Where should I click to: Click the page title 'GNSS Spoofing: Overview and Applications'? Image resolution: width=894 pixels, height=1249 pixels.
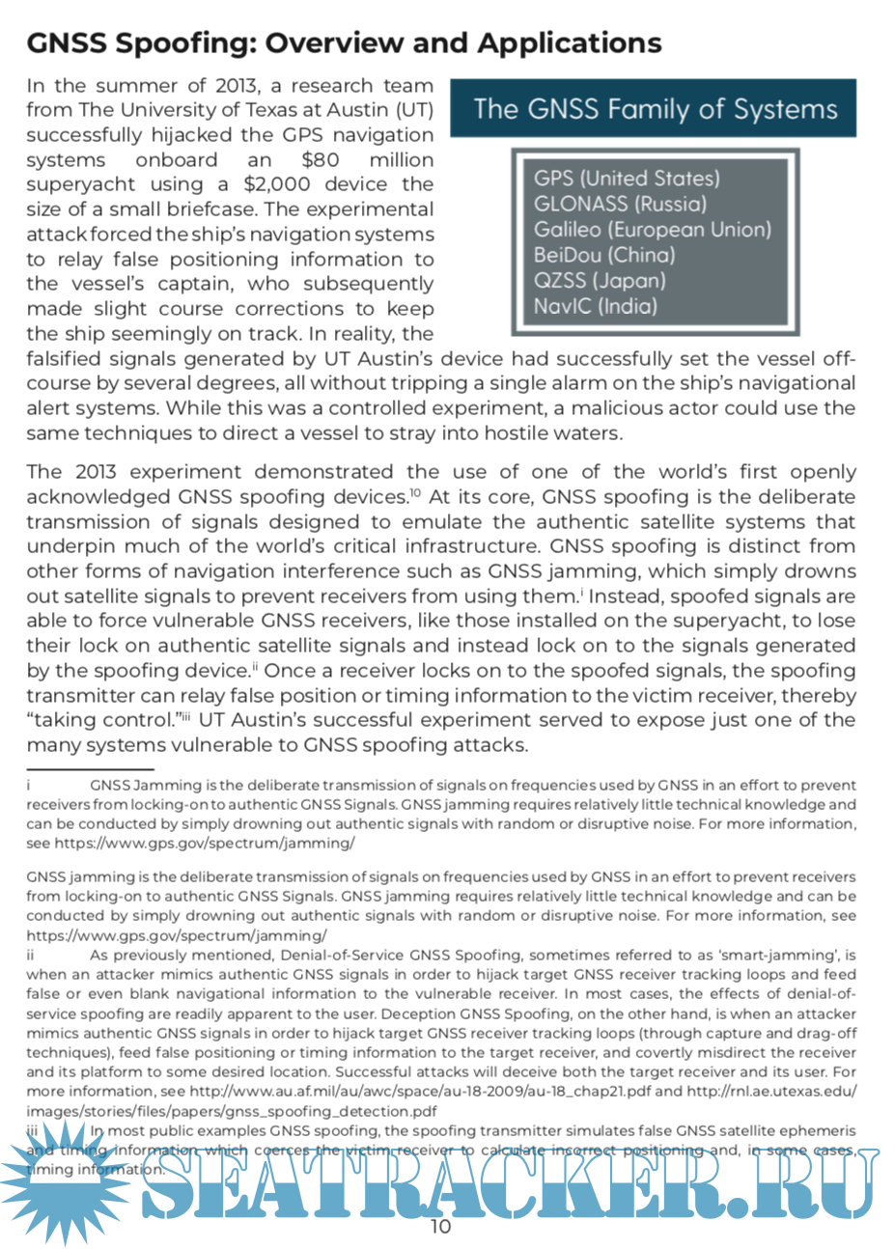tap(344, 43)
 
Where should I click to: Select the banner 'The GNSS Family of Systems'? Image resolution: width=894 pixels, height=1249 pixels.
tap(655, 109)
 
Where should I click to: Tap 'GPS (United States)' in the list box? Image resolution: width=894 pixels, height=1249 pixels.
tap(627, 179)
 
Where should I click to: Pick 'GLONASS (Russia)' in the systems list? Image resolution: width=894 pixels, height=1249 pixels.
tap(620, 204)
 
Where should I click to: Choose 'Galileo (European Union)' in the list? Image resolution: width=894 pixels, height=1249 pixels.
tap(653, 230)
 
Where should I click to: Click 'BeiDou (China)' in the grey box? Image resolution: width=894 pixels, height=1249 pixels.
tap(604, 255)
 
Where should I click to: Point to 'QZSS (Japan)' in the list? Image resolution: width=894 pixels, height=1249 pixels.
tap(600, 281)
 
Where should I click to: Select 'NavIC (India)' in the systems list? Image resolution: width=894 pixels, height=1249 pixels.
tap(595, 307)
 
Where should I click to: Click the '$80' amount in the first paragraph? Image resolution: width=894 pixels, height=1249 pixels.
tap(320, 160)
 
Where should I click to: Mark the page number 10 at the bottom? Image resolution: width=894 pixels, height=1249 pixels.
tap(440, 1227)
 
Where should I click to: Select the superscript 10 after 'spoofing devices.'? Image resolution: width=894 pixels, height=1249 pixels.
tap(415, 493)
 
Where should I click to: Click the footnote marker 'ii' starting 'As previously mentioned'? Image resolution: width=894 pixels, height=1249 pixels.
tap(31, 956)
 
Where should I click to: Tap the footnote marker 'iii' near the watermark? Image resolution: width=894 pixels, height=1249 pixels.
tap(33, 1130)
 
